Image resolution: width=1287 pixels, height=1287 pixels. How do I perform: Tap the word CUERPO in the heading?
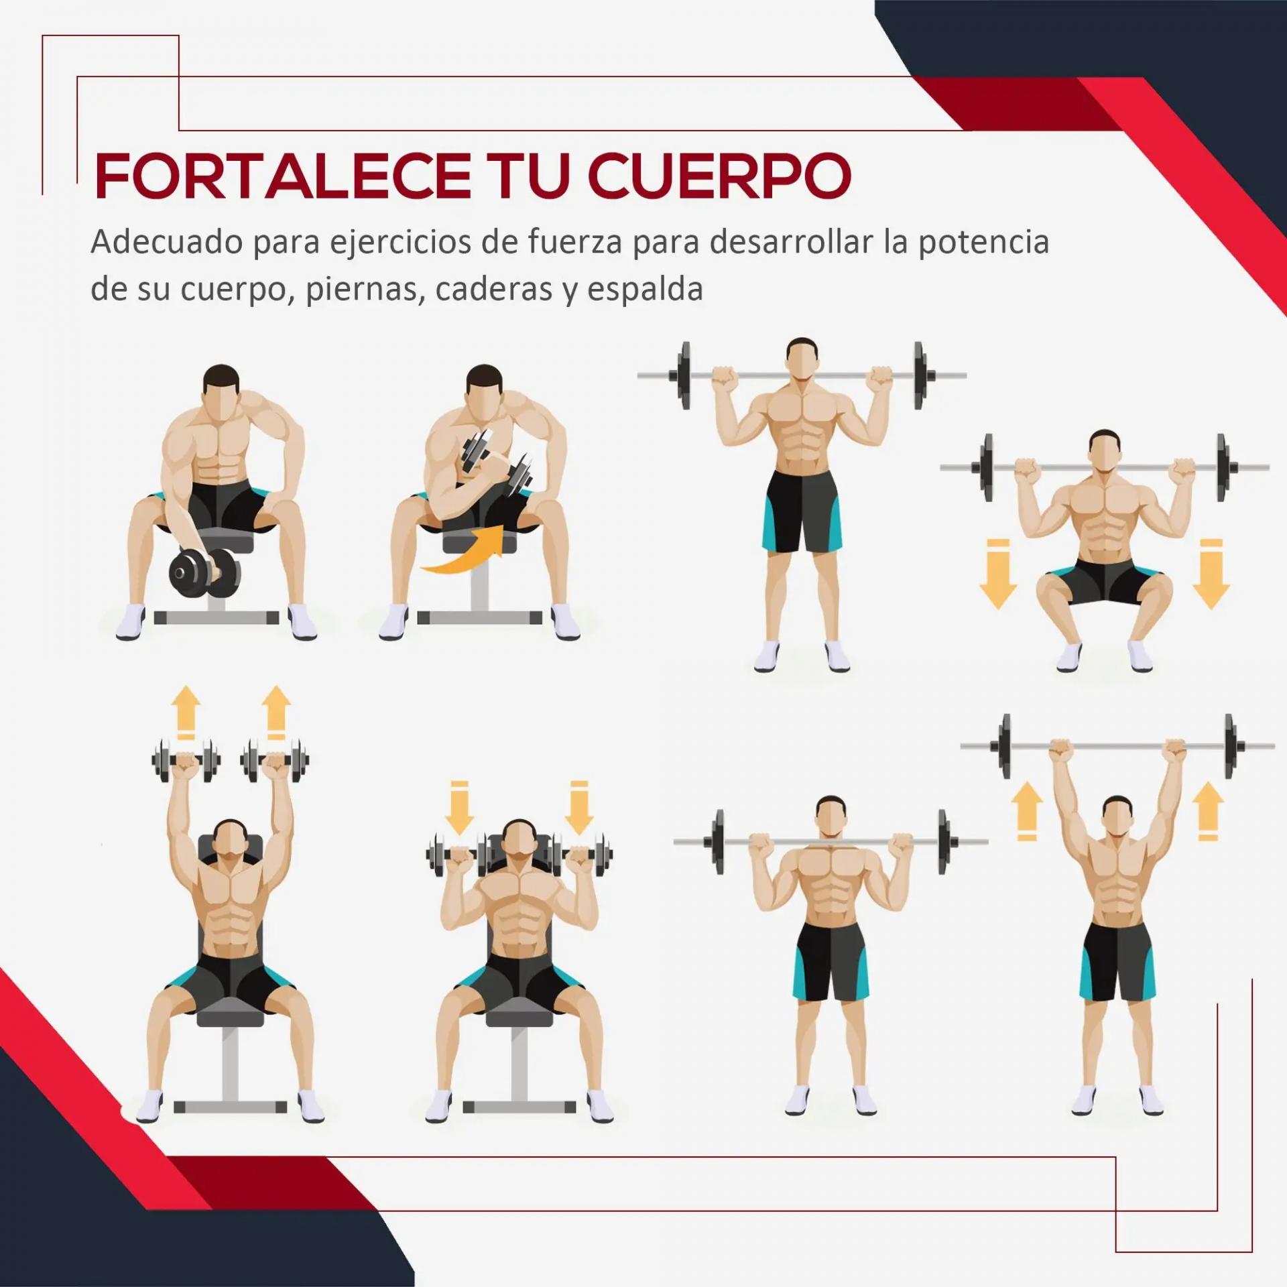(x=720, y=176)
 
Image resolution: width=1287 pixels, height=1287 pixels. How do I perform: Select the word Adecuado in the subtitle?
(x=167, y=241)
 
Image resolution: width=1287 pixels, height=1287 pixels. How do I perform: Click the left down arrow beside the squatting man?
(x=998, y=573)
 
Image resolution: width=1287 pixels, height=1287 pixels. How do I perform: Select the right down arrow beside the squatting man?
(x=1211, y=573)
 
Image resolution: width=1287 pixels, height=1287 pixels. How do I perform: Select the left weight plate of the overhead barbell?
(x=1004, y=746)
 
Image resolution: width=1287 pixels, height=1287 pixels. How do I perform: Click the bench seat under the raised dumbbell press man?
(x=230, y=1016)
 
